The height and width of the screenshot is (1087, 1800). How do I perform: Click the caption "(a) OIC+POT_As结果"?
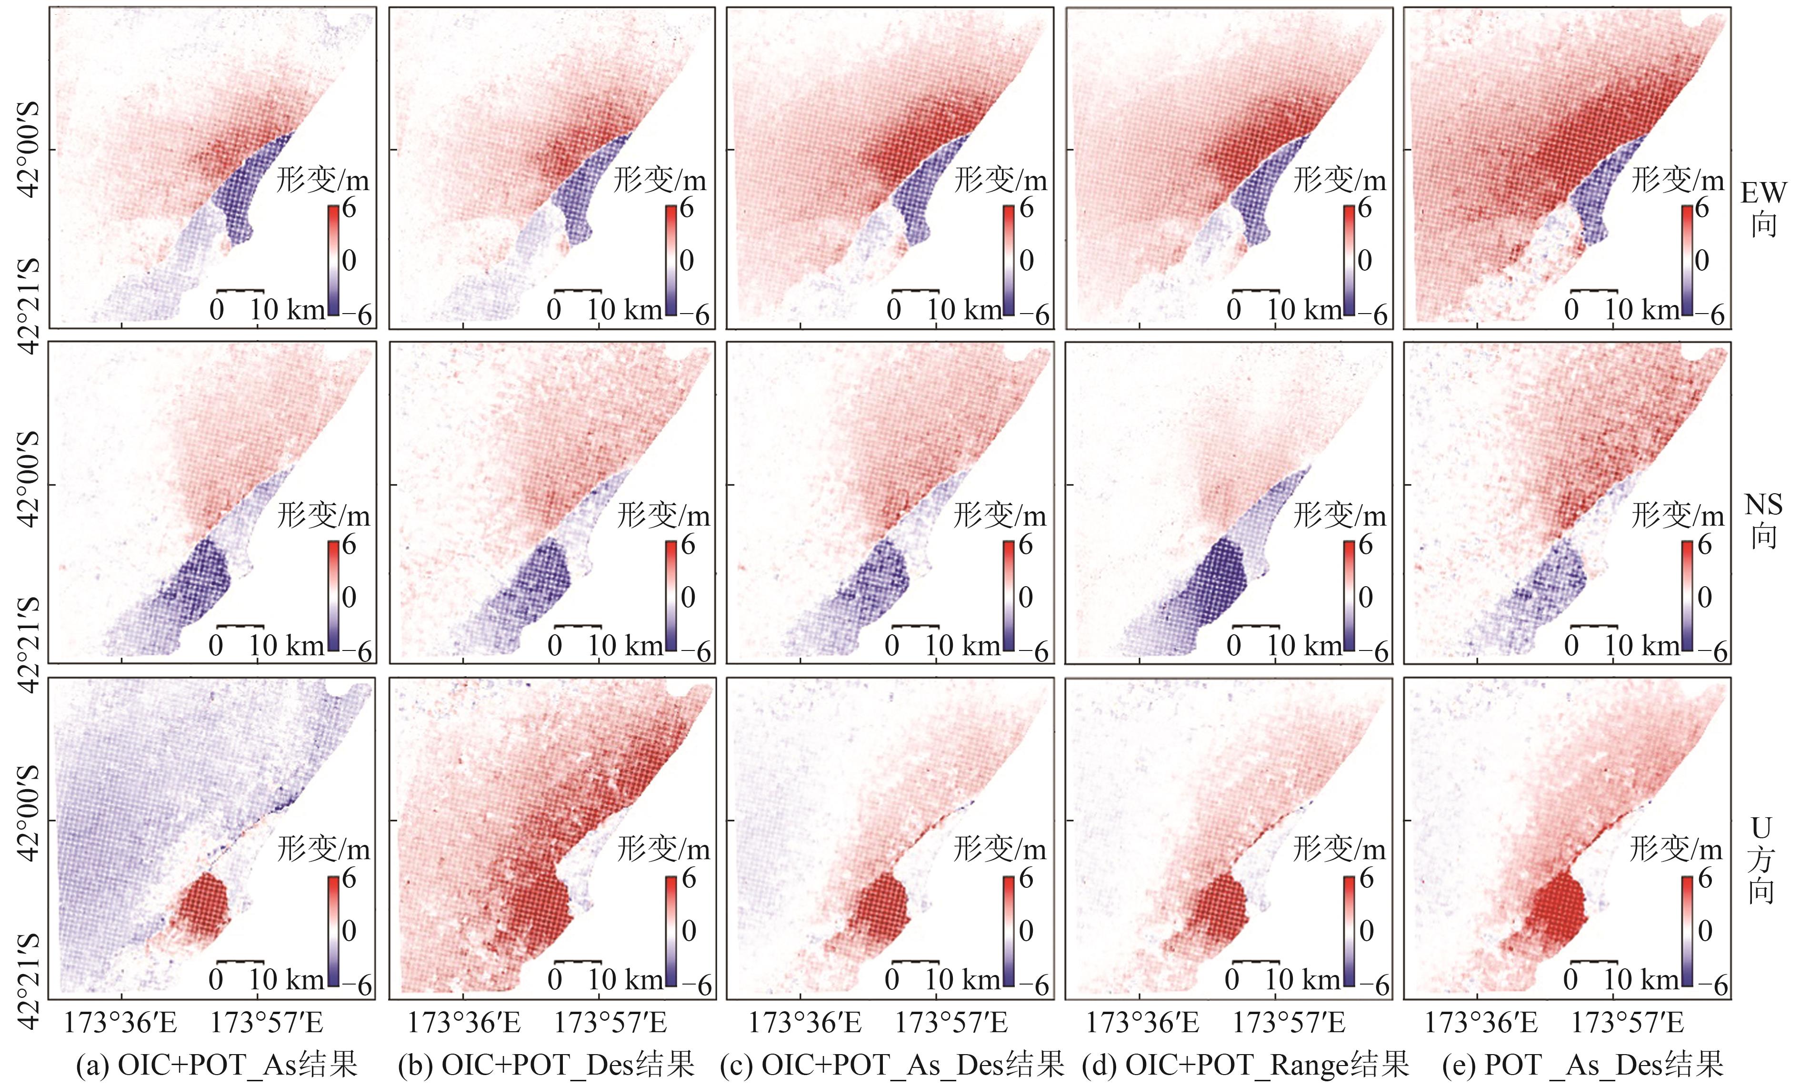[x=217, y=1064]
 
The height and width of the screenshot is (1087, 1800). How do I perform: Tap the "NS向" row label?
[x=1763, y=520]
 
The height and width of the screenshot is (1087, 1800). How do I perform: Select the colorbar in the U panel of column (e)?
[x=1688, y=931]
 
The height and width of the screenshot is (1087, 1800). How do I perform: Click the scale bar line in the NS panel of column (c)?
[x=915, y=627]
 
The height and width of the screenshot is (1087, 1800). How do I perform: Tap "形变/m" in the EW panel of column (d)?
[x=1340, y=180]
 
